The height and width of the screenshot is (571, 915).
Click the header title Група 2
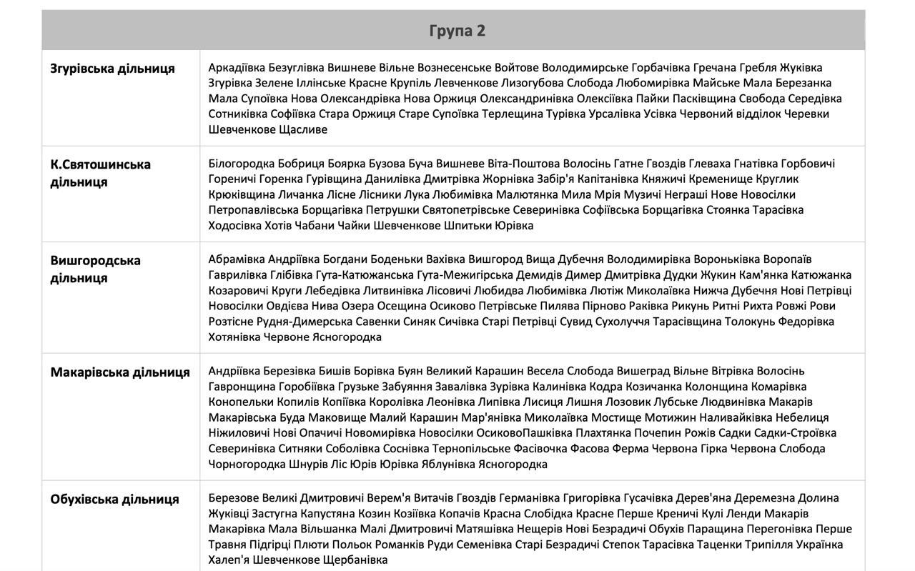point(457,31)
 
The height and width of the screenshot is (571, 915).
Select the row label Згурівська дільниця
point(112,69)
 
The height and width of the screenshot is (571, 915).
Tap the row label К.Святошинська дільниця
point(100,173)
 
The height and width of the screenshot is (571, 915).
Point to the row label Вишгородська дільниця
point(95,269)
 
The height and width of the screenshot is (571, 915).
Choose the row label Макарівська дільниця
point(120,372)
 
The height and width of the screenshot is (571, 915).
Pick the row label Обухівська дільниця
point(114,499)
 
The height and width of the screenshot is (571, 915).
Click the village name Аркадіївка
point(237,68)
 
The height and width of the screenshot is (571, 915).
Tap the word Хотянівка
point(234,337)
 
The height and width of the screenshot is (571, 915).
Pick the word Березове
point(234,498)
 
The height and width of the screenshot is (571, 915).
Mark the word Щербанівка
point(355,560)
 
